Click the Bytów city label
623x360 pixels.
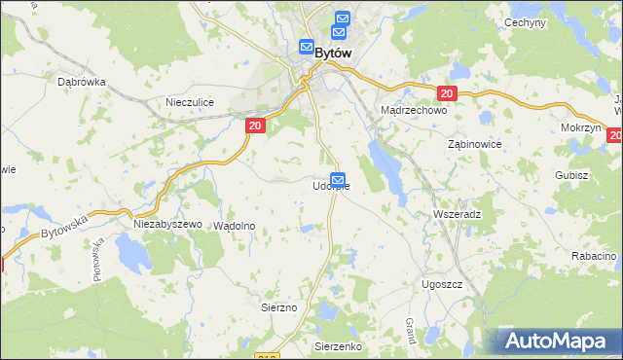coord(331,55)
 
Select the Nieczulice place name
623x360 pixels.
coord(189,101)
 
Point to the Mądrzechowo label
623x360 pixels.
coord(413,111)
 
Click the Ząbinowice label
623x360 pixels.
coord(473,143)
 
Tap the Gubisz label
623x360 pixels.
coord(571,175)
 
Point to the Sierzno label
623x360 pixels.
coord(278,307)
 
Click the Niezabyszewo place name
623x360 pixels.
coord(166,224)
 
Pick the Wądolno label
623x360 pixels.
coord(234,225)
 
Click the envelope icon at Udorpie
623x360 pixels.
coord(338,179)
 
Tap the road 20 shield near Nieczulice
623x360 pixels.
coord(254,126)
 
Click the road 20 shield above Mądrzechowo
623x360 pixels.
coord(447,93)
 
